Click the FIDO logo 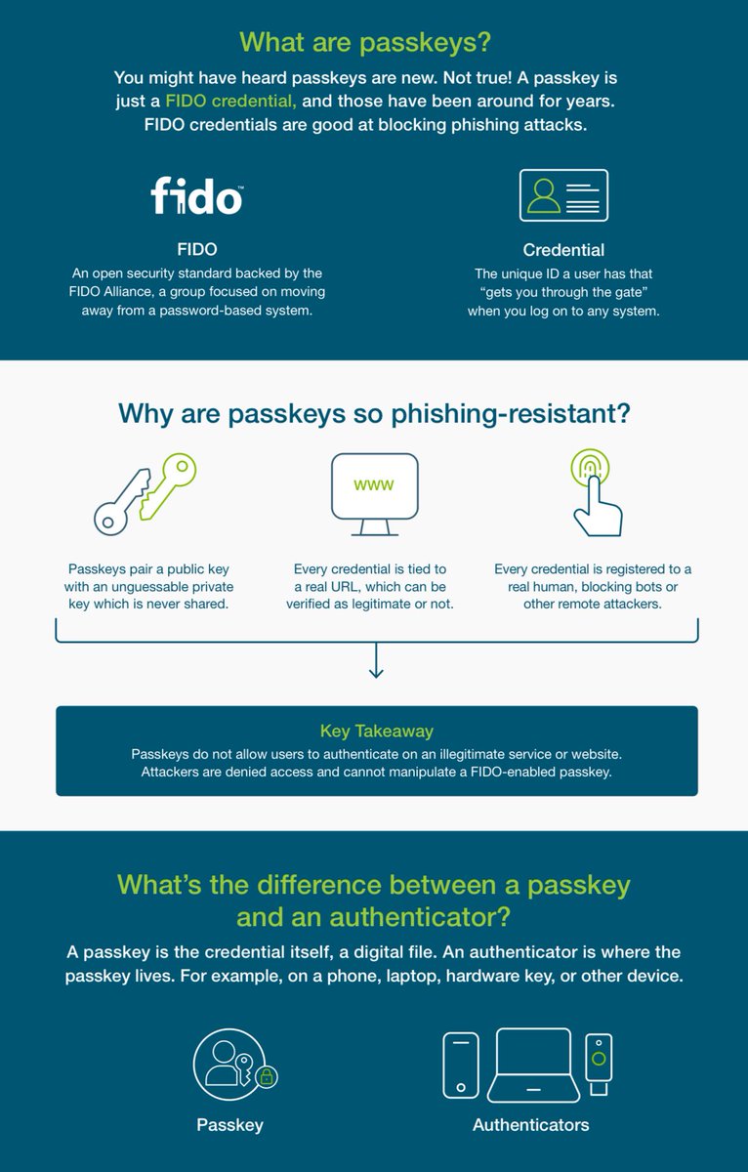(196, 195)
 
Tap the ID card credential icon (563, 195)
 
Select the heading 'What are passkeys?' (365, 42)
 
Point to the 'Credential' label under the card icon (563, 250)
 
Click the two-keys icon (145, 493)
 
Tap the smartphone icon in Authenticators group (461, 1064)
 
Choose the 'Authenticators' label (530, 1125)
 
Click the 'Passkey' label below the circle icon (229, 1125)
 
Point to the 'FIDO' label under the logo (196, 250)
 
